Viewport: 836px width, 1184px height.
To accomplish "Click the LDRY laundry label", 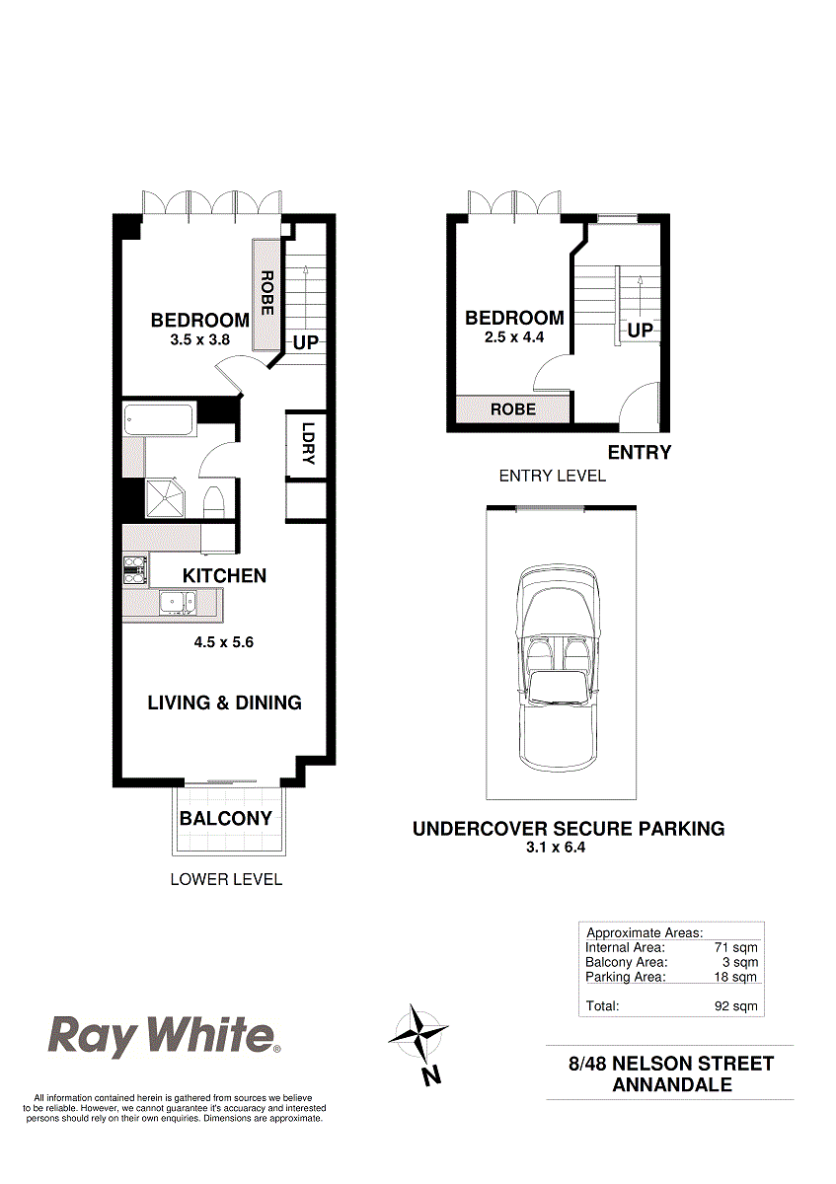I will click(307, 444).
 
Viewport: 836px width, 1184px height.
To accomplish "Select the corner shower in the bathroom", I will click(165, 498).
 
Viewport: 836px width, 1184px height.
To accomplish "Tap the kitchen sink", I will click(179, 602).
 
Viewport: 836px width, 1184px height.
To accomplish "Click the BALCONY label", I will click(226, 818).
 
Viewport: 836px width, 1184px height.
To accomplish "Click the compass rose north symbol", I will click(418, 1036).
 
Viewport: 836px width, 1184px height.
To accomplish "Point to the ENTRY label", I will click(639, 453).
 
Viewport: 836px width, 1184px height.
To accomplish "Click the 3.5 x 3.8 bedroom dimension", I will click(199, 339).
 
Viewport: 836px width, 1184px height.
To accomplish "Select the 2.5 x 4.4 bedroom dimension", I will click(514, 336).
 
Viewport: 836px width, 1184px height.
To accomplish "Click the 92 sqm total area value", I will click(735, 1006).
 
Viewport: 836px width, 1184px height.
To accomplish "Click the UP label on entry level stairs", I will click(640, 330).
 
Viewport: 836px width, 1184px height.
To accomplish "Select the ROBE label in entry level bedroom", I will click(512, 408).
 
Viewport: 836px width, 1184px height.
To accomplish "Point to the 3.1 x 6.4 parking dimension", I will click(568, 847).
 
